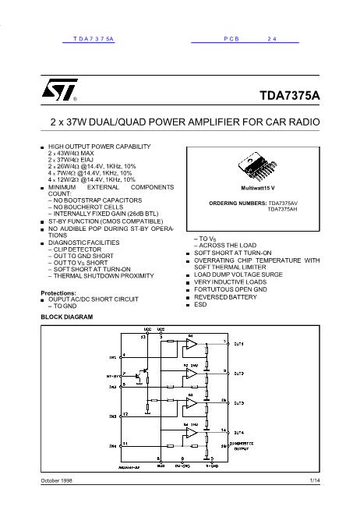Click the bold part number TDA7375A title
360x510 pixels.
click(x=289, y=96)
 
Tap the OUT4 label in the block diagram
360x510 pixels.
click(x=238, y=431)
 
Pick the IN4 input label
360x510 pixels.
click(x=112, y=446)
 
